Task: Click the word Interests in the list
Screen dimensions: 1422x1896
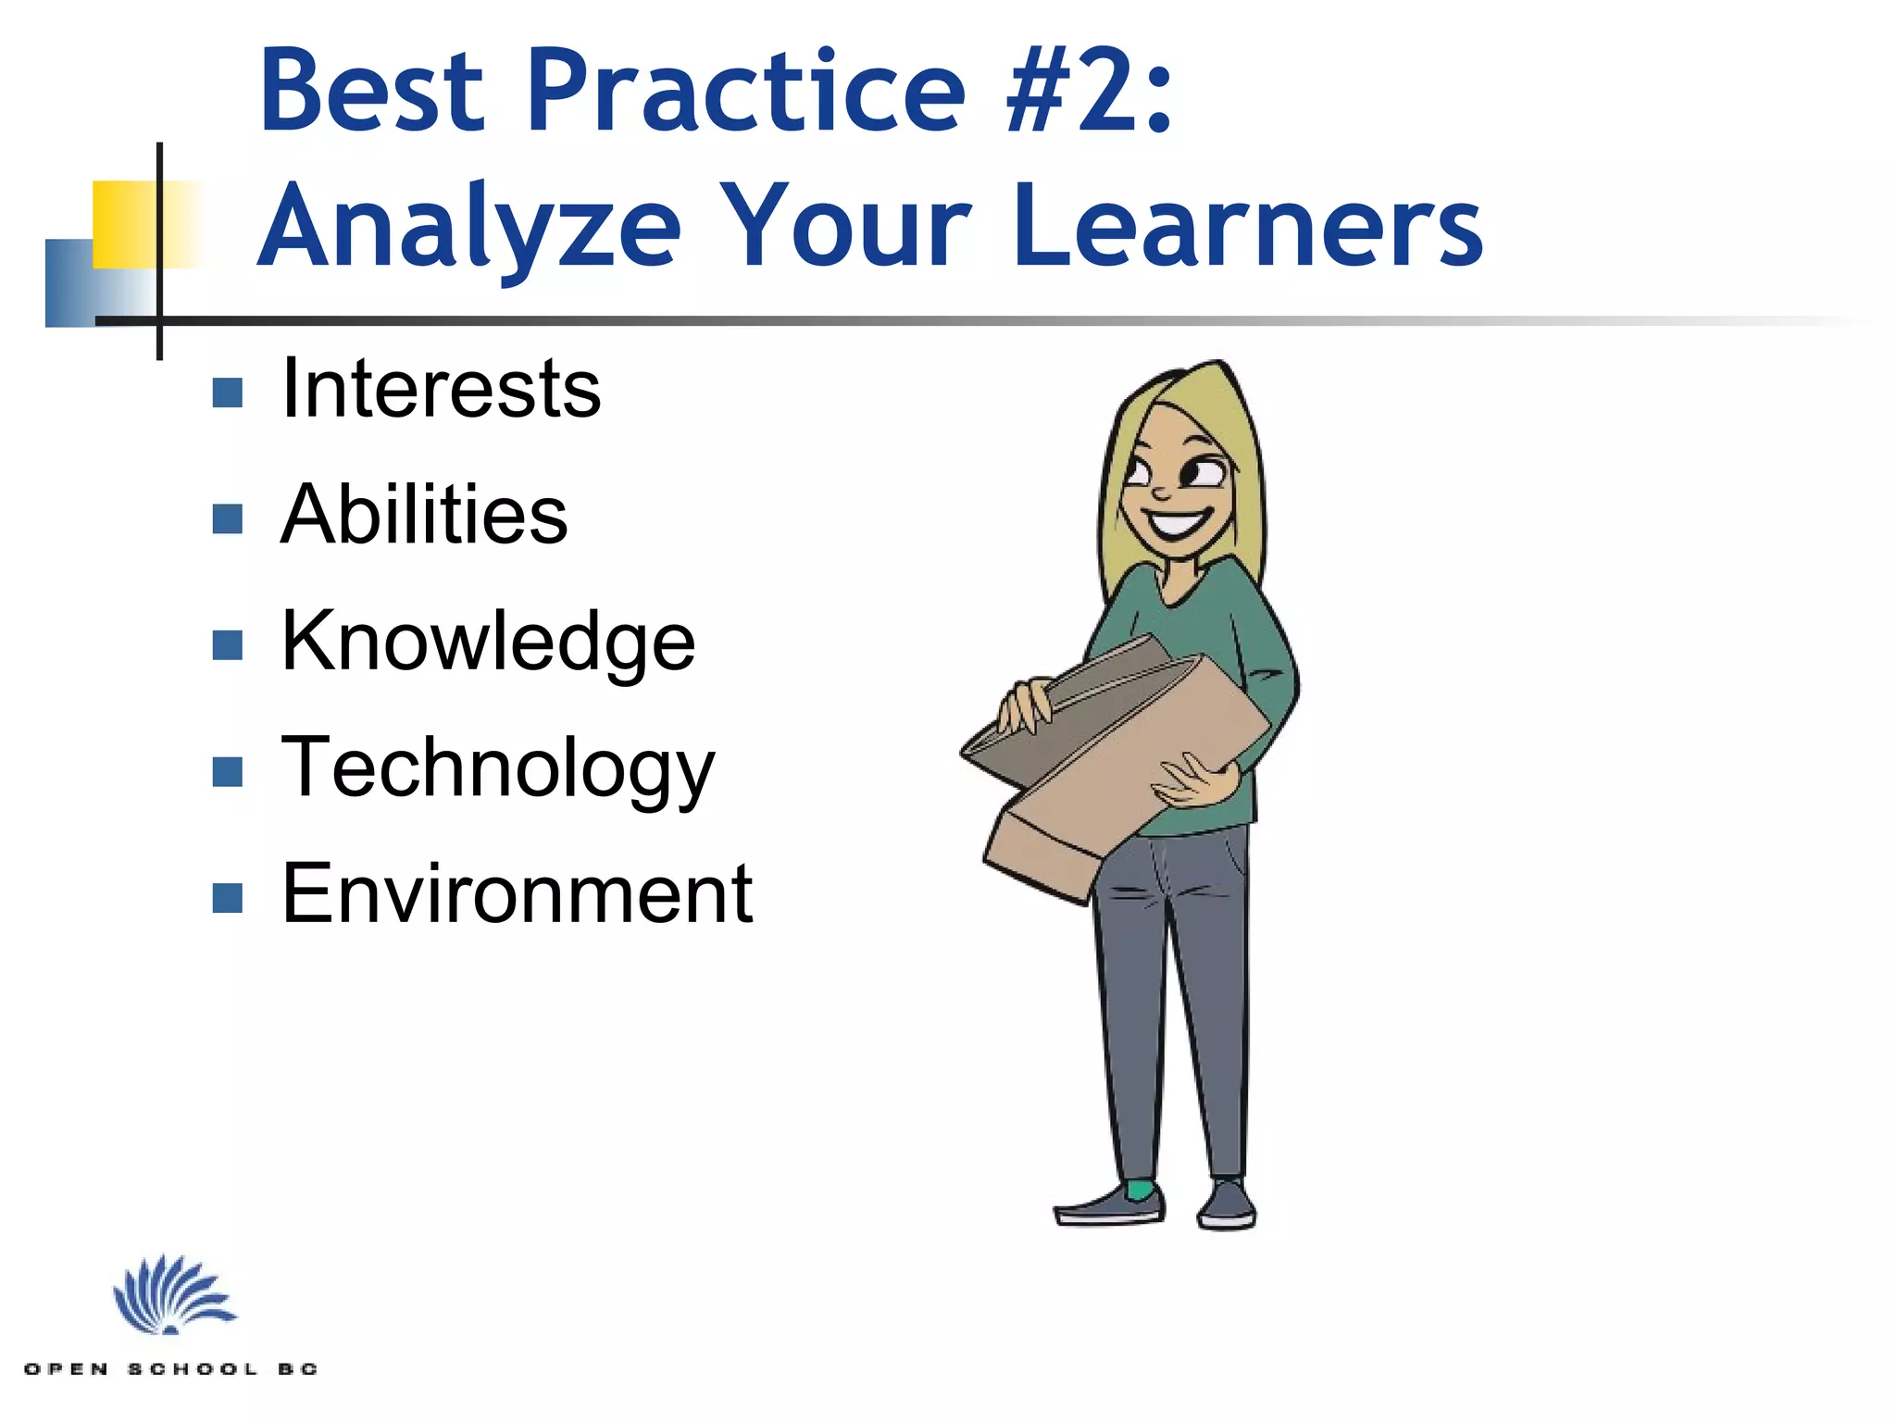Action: pos(441,389)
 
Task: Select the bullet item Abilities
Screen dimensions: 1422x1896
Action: pos(424,515)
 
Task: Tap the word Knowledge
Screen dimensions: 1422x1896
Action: pos(487,642)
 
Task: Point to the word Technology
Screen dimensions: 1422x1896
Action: pos(497,767)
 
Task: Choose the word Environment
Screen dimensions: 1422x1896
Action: pos(517,893)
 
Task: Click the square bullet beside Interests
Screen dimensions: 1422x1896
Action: pos(227,393)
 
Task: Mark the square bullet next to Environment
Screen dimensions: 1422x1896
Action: pos(227,898)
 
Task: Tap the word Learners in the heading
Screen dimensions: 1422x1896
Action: pos(1247,227)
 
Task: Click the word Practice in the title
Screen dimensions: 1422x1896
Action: pos(746,91)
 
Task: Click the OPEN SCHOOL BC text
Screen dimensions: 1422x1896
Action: pos(171,1368)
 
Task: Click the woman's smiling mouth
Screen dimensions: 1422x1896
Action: pos(1178,523)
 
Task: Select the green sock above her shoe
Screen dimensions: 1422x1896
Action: pos(1141,1189)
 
